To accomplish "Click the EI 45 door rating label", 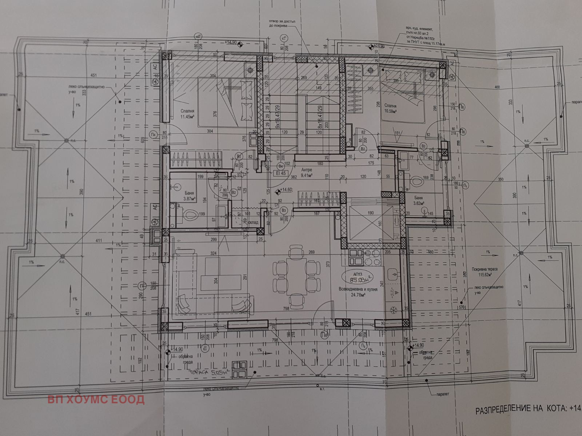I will pyautogui.click(x=281, y=173).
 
